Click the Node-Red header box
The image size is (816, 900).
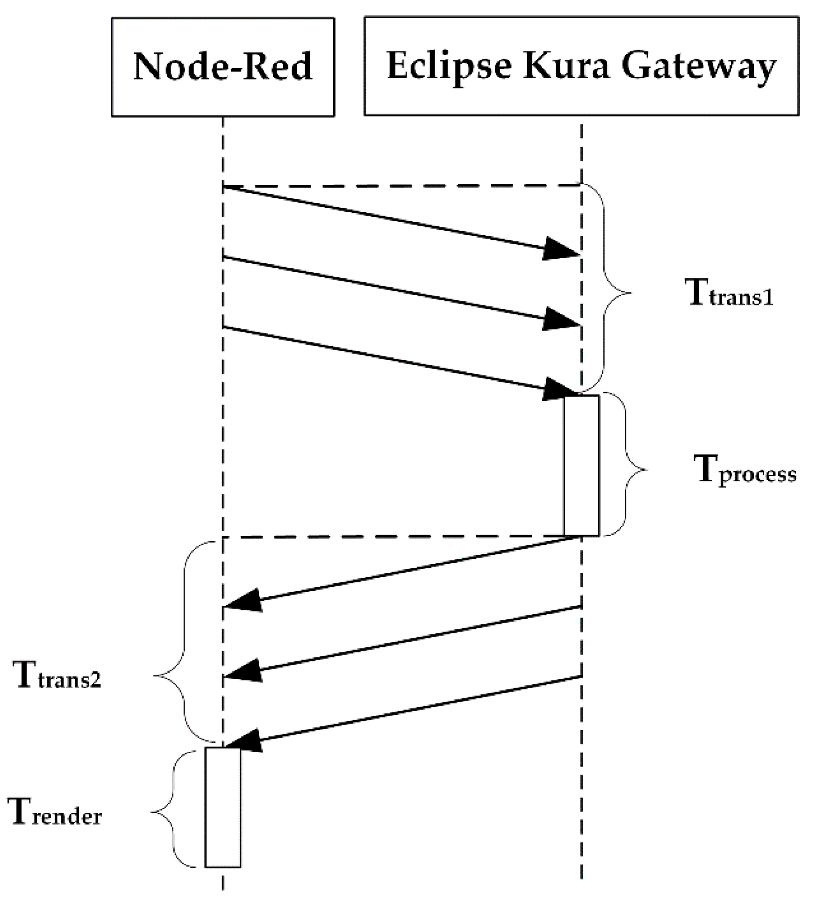[222, 67]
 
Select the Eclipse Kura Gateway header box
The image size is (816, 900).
[581, 66]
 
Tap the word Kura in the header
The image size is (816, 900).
[566, 66]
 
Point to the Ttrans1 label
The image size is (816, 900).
[731, 293]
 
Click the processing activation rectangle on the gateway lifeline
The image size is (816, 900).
[581, 465]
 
